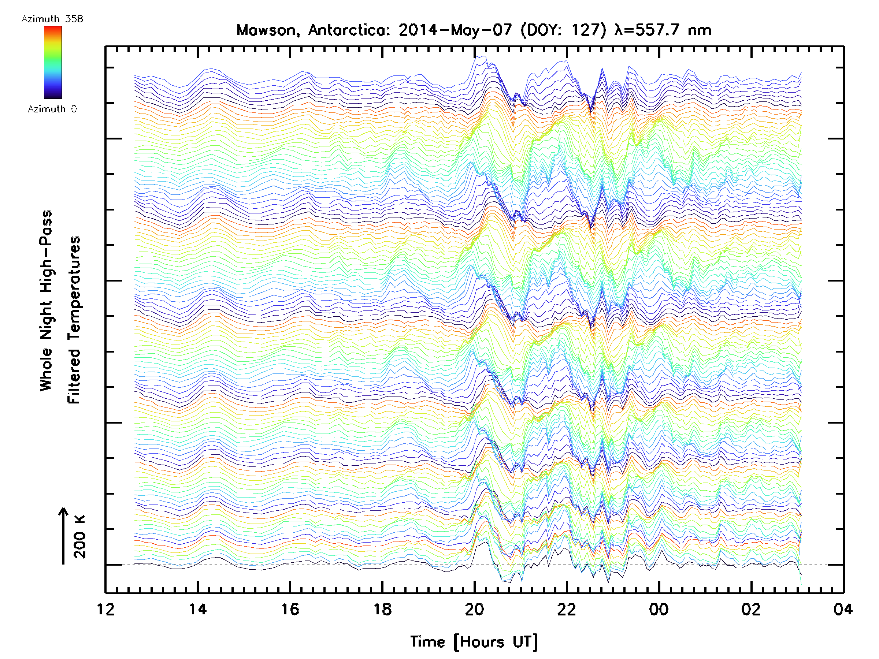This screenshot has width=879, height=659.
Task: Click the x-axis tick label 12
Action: pos(105,609)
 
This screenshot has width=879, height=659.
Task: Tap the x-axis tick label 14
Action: pos(197,609)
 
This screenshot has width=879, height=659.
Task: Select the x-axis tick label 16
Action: pos(290,609)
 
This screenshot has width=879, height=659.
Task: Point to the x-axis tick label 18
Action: pos(382,609)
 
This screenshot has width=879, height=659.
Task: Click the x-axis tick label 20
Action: pos(474,609)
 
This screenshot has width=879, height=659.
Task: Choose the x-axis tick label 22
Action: pos(567,609)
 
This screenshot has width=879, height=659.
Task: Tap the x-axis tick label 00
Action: pos(659,609)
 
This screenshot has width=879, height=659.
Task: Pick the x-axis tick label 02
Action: pos(751,609)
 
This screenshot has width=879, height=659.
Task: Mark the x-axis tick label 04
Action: pos(843,609)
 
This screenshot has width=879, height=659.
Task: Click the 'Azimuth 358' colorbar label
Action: pos(52,19)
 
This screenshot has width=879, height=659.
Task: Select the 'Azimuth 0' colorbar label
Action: pos(52,109)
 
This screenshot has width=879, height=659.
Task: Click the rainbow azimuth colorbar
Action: pos(53,62)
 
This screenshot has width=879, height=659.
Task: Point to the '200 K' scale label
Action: pos(79,537)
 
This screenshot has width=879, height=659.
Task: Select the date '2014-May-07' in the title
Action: pos(455,30)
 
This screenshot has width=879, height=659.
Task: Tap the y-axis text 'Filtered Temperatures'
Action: pos(74,320)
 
